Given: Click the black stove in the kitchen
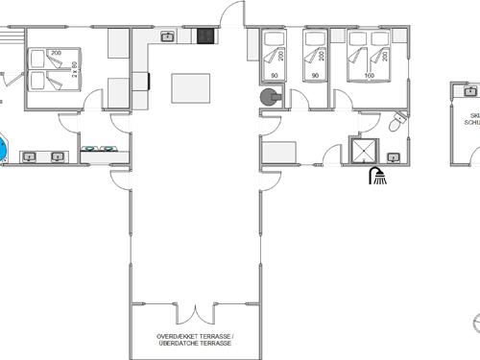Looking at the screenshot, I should tap(204, 37).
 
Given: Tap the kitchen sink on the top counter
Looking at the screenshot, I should tap(168, 37).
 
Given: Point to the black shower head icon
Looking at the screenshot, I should tap(379, 176).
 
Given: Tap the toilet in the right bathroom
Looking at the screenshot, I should tap(398, 124).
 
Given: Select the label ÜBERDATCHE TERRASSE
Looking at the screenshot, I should tap(195, 343).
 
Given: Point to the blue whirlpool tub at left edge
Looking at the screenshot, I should tap(2, 150).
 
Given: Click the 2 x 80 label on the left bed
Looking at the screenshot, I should tap(73, 71).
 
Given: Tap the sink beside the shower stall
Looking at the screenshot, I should tap(394, 156).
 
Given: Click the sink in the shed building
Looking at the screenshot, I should tap(470, 94).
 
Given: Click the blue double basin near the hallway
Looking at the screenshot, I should tap(100, 150).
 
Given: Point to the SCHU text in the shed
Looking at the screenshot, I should tap(471, 123).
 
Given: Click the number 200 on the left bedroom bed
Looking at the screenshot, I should tap(55, 51).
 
